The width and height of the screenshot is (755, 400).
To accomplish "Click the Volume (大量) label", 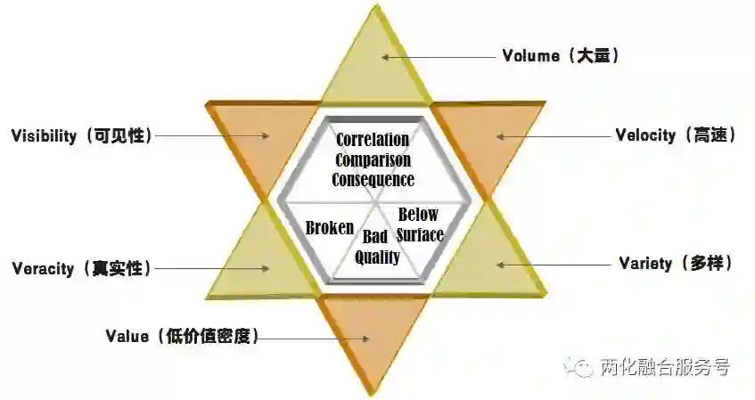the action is click(560, 56).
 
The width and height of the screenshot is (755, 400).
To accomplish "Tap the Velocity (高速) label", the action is click(675, 135).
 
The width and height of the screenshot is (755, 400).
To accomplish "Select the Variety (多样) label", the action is click(675, 264).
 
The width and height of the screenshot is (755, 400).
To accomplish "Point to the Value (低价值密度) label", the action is click(182, 337).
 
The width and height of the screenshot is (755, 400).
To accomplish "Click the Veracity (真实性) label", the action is click(81, 268).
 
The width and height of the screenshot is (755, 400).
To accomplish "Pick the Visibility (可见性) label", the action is click(81, 135).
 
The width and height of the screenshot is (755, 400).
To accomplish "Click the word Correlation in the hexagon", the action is click(373, 140).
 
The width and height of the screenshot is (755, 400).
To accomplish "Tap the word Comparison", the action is click(373, 160).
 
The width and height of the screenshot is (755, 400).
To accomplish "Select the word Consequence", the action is click(373, 180).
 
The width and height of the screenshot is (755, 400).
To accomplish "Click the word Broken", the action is click(329, 228).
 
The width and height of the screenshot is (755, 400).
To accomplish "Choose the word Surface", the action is click(419, 235).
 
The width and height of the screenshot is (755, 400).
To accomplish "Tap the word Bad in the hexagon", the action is click(375, 237).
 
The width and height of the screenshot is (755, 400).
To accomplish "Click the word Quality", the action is click(377, 257).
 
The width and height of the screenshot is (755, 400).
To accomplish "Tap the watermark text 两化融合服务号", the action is click(665, 367).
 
